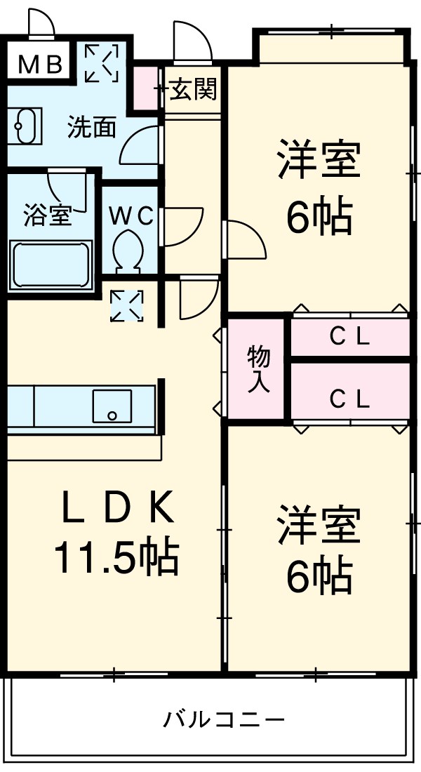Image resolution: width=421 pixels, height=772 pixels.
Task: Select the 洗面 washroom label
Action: (91, 128)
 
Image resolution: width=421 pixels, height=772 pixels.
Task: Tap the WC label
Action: (131, 216)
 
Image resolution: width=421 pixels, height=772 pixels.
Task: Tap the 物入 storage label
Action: (259, 370)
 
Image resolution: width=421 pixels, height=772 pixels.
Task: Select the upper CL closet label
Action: (350, 338)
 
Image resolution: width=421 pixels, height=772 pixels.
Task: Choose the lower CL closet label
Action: (350, 399)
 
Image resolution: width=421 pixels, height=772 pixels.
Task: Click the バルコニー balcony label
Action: (225, 719)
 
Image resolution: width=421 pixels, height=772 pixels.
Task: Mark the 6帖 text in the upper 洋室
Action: (318, 218)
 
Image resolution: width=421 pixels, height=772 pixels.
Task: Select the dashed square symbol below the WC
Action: (127, 306)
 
